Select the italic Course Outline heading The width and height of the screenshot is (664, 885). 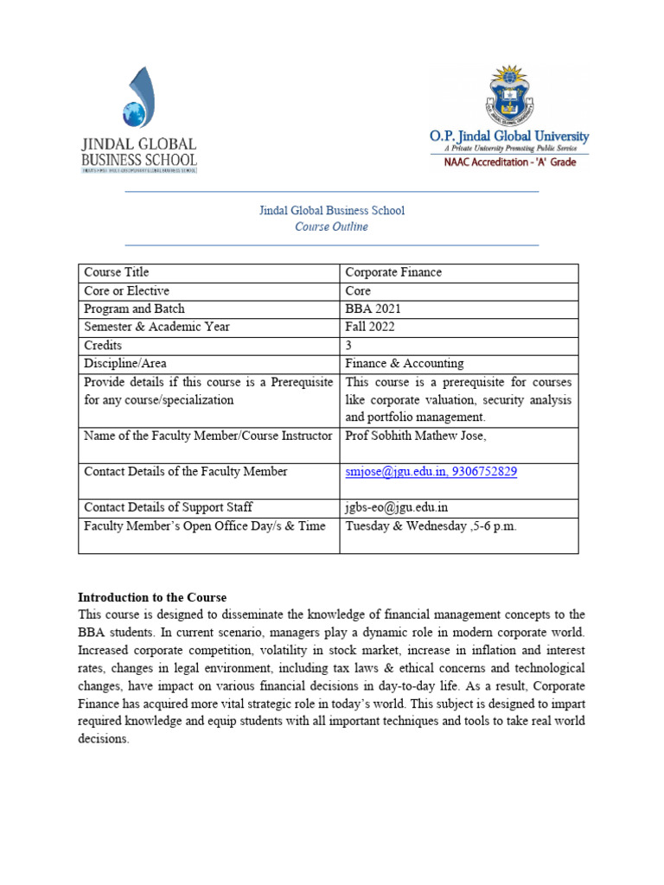point(331,226)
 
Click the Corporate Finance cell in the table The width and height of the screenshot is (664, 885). point(393,272)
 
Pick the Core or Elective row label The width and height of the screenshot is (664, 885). point(126,290)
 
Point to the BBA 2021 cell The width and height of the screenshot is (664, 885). point(373,309)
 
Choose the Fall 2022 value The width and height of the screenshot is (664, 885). point(371,327)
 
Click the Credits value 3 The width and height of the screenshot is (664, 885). point(348,345)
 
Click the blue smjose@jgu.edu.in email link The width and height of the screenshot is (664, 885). point(394,472)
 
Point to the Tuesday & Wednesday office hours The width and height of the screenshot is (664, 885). point(431,526)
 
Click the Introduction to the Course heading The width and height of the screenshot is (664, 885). point(152,597)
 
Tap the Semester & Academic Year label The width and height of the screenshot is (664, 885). point(156,327)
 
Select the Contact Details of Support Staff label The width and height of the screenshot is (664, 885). point(168,507)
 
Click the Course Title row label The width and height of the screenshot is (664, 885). point(116,272)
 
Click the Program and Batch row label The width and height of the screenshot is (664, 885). point(134,309)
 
